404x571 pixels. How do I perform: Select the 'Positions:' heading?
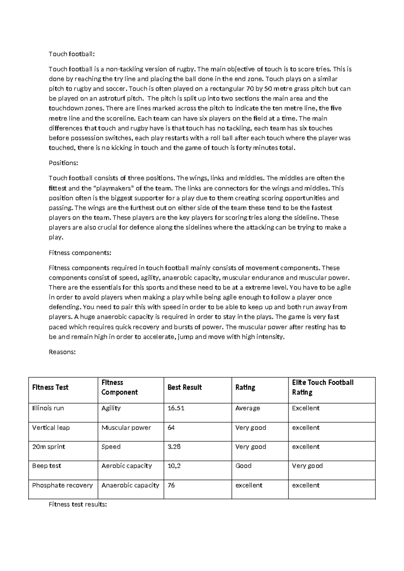pyautogui.click(x=63, y=163)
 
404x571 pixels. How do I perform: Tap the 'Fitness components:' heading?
pyautogui.click(x=80, y=253)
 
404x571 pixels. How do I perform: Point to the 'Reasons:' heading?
pyautogui.click(x=62, y=352)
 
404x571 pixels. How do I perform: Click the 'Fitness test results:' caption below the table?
pyautogui.click(x=78, y=505)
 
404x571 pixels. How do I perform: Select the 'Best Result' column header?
pyautogui.click(x=184, y=388)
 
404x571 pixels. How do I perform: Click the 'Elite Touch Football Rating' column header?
pyautogui.click(x=323, y=388)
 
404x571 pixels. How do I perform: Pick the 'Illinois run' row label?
pyautogui.click(x=48, y=408)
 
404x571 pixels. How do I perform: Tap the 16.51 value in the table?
pyautogui.click(x=176, y=408)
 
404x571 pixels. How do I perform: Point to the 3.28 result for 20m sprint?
pyautogui.click(x=174, y=447)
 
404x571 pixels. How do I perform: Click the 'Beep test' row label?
pyautogui.click(x=46, y=466)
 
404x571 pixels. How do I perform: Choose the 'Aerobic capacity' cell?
pyautogui.click(x=127, y=466)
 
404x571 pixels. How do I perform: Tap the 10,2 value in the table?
pyautogui.click(x=174, y=466)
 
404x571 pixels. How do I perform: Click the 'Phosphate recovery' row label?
pyautogui.click(x=62, y=485)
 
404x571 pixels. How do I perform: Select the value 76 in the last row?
pyautogui.click(x=171, y=485)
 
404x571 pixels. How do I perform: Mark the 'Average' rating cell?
pyautogui.click(x=247, y=408)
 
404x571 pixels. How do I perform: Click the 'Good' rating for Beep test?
pyautogui.click(x=243, y=466)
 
